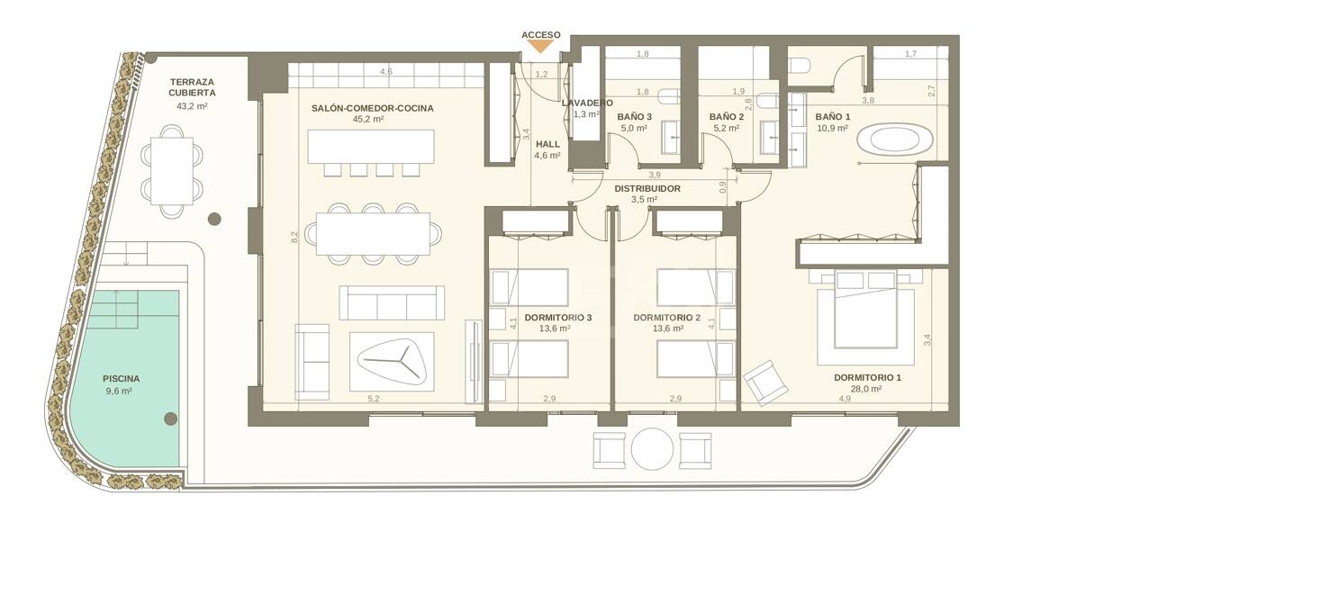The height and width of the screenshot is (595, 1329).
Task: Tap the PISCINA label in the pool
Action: [x=121, y=379]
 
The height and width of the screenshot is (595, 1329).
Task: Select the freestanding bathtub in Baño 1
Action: [x=894, y=140]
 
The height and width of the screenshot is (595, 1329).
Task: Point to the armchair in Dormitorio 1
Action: [x=766, y=383]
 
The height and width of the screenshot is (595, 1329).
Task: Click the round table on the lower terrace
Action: [x=652, y=449]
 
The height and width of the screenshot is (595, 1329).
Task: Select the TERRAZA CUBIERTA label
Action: [x=192, y=87]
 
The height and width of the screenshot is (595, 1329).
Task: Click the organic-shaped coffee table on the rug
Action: [x=391, y=363]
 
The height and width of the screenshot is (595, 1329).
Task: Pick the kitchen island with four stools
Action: [x=370, y=146]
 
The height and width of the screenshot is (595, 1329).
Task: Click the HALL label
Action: [x=547, y=144]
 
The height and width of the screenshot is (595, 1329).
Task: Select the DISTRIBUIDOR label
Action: [x=647, y=189]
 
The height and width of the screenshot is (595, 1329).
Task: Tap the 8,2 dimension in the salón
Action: [x=294, y=238]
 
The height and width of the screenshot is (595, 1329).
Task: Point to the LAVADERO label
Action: [x=587, y=103]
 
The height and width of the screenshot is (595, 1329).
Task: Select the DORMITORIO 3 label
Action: [x=557, y=318]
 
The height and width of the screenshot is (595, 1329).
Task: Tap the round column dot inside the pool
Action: [x=171, y=419]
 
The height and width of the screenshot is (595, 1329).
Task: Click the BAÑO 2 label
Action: [x=727, y=117]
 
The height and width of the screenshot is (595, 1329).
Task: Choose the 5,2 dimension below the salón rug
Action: [x=373, y=399]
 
